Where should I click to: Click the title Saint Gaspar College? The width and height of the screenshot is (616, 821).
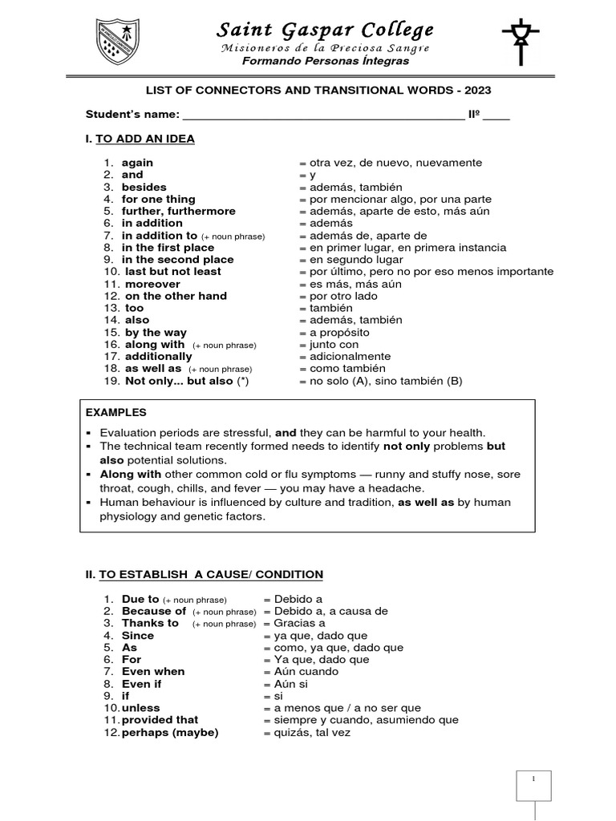pyautogui.click(x=326, y=30)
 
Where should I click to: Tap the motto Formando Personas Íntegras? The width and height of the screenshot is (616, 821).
pyautogui.click(x=326, y=61)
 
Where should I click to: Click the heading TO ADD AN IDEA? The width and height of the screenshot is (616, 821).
pyautogui.click(x=144, y=139)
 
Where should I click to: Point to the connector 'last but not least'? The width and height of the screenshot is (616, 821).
pyautogui.click(x=172, y=272)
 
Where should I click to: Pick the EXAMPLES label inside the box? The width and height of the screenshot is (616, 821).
pyautogui.click(x=116, y=412)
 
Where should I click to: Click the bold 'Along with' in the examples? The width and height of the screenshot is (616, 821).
pyautogui.click(x=131, y=474)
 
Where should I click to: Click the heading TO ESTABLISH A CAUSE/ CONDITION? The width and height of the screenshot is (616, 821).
pyautogui.click(x=210, y=574)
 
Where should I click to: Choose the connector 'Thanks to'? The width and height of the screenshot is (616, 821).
pyautogui.click(x=150, y=623)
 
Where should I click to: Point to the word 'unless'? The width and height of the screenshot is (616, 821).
pyautogui.click(x=140, y=708)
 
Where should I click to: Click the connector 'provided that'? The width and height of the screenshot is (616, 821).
pyautogui.click(x=160, y=720)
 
